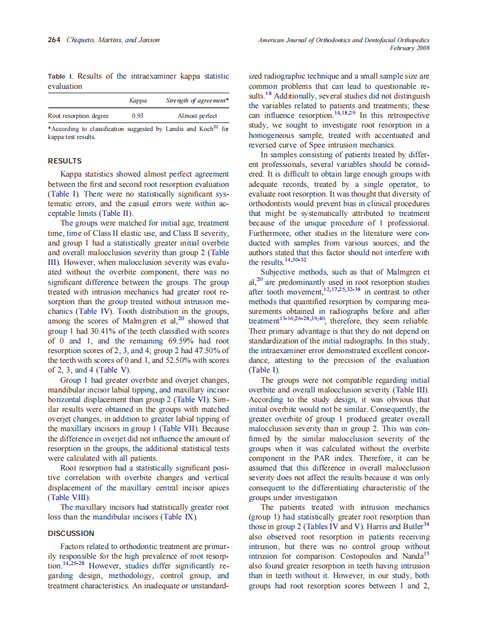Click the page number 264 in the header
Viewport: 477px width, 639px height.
click(x=55, y=40)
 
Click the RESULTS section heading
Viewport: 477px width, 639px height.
click(x=64, y=161)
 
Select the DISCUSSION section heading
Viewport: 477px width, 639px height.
click(x=71, y=533)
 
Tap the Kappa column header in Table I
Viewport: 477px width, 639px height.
click(x=138, y=101)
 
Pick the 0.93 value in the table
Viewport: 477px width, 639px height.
click(x=137, y=116)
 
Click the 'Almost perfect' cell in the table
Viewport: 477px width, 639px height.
click(x=197, y=116)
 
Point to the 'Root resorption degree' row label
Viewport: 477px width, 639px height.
click(x=78, y=116)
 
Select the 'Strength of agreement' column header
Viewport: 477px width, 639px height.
click(x=197, y=101)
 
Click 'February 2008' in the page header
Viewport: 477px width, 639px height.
click(x=409, y=48)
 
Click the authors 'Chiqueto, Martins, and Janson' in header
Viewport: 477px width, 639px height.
click(x=113, y=40)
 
